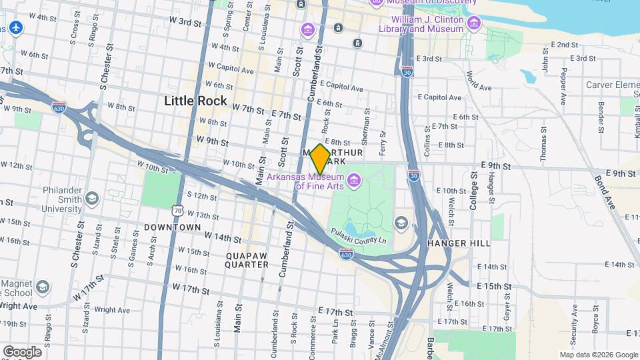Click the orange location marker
(320, 159)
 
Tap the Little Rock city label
(195, 101)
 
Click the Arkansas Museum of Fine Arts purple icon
(353, 179)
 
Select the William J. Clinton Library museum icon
(474, 25)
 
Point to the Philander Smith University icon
(91, 199)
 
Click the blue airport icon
(17, 28)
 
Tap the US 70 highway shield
(177, 211)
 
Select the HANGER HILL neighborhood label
(459, 243)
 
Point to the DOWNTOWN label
(173, 227)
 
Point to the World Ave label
(474, 80)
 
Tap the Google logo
(22, 351)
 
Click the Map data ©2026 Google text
(598, 355)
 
